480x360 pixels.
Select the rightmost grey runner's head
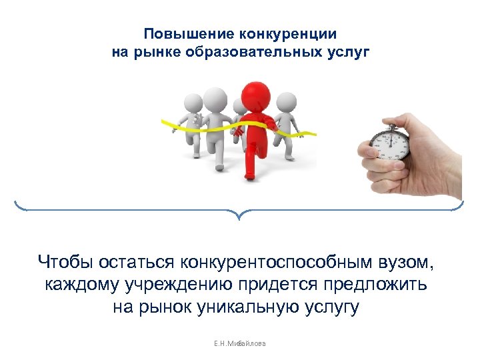285,101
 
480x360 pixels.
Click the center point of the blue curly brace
239,215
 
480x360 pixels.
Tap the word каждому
82,285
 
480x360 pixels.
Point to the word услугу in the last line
331,307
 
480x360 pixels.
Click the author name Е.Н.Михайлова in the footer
240,343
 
